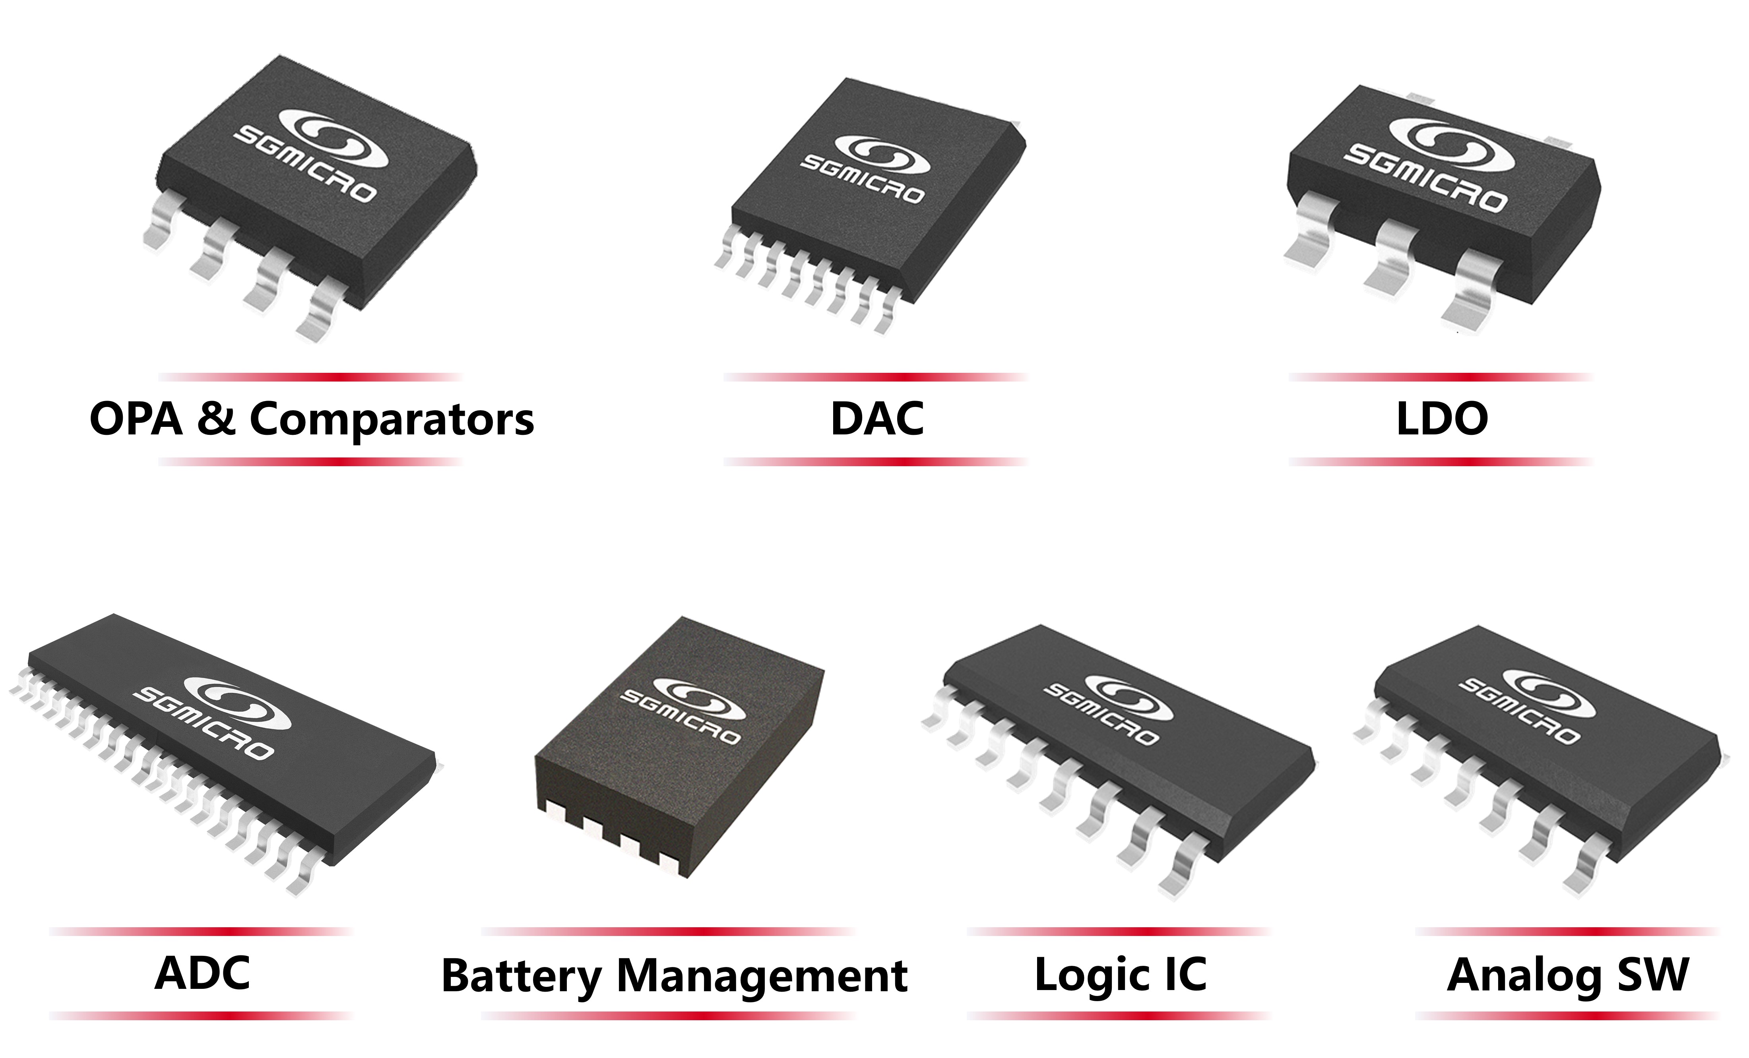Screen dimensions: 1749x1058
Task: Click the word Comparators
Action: click(392, 420)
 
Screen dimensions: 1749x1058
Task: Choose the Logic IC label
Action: click(1121, 975)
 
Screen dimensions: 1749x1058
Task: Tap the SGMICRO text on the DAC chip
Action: click(862, 179)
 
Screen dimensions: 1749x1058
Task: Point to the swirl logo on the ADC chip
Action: click(238, 703)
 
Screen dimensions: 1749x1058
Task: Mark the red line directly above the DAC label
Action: click(876, 377)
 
